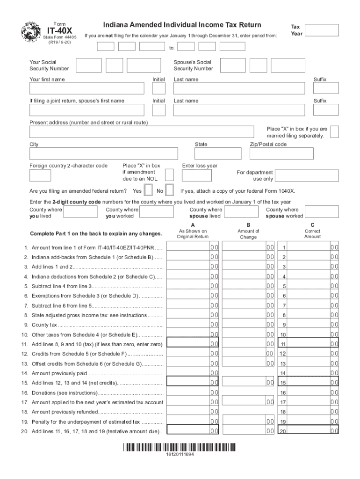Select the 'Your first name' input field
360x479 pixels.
[x=87, y=88]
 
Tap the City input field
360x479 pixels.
[x=104, y=153]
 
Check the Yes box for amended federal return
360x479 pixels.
[x=148, y=190]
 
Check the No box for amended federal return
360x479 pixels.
[x=170, y=190]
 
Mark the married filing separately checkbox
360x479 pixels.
[x=334, y=132]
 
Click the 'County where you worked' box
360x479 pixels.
[x=157, y=212]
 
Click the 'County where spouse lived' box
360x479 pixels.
[x=238, y=212]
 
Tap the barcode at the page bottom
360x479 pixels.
[x=180, y=447]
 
